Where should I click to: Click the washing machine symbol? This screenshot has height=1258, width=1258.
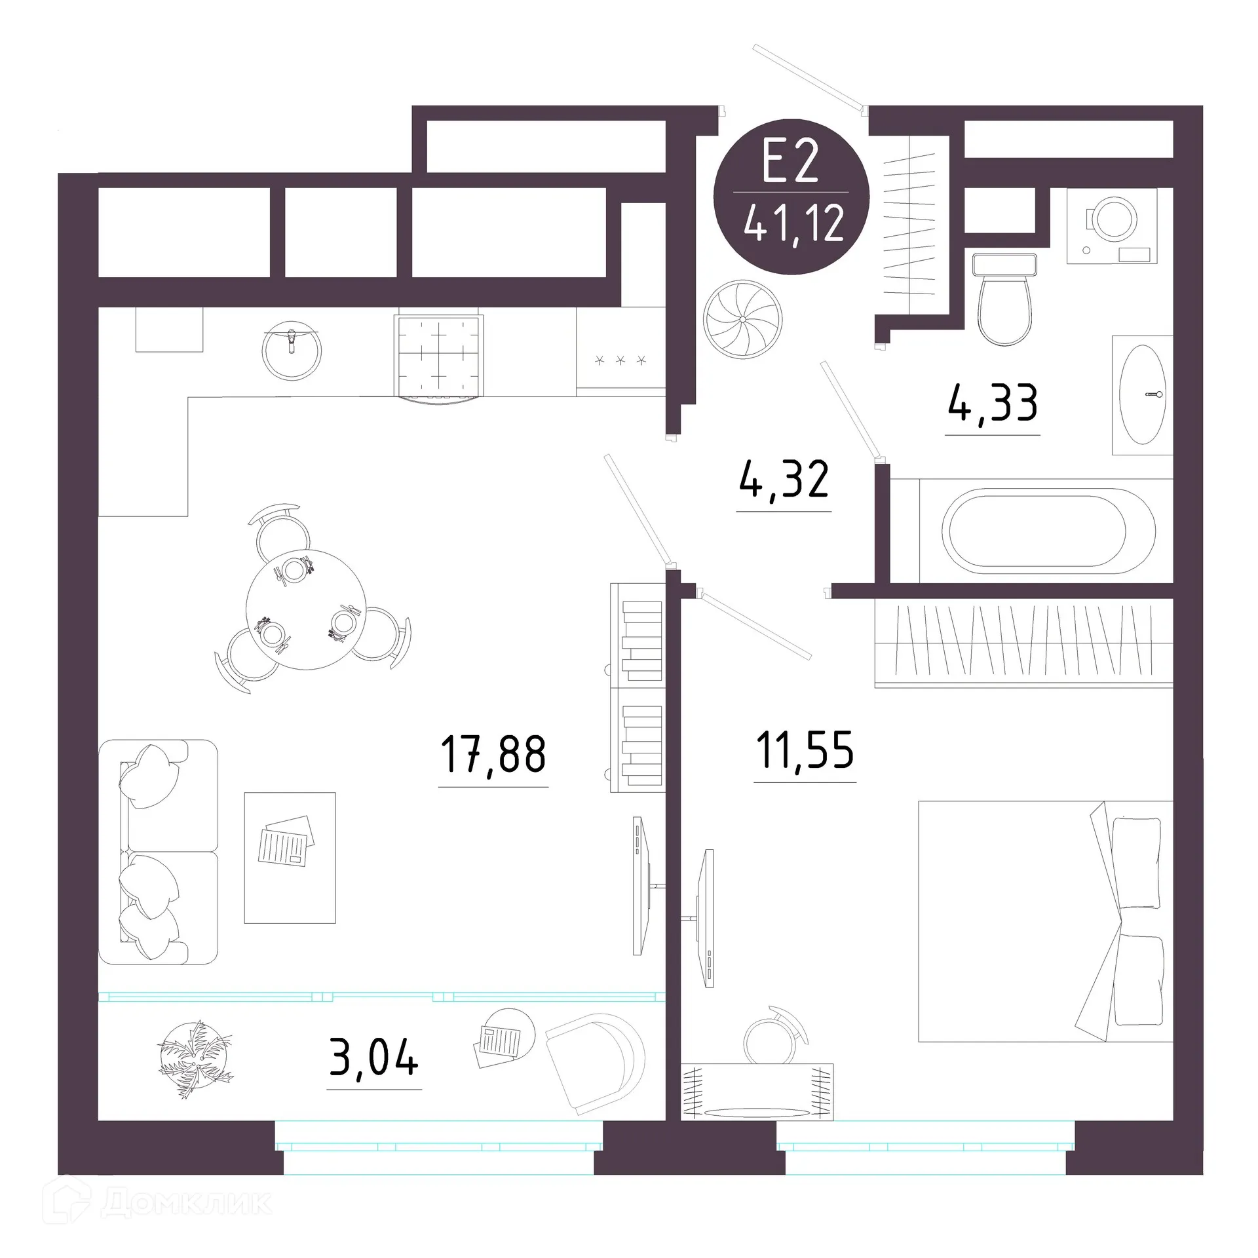[x=1111, y=226]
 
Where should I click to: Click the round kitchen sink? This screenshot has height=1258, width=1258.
[x=292, y=351]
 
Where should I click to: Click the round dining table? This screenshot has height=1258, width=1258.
[x=306, y=609]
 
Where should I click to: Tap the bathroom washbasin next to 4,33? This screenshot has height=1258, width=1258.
[x=1142, y=395]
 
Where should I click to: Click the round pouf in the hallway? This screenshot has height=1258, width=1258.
[x=743, y=319]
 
